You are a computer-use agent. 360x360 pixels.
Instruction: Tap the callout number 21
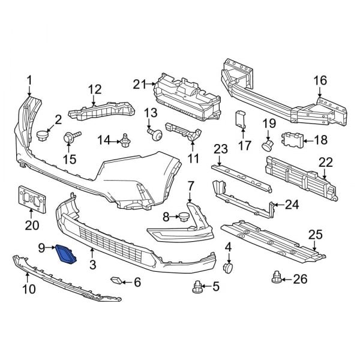click(140, 85)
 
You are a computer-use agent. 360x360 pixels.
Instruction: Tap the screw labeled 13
click(154, 134)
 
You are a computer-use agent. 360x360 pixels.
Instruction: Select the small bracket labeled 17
click(241, 119)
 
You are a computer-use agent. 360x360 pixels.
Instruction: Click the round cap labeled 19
click(267, 144)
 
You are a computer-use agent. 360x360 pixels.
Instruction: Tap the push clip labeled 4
click(228, 268)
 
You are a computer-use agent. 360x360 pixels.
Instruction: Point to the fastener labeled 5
click(199, 287)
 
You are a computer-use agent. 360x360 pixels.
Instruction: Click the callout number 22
click(325, 161)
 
